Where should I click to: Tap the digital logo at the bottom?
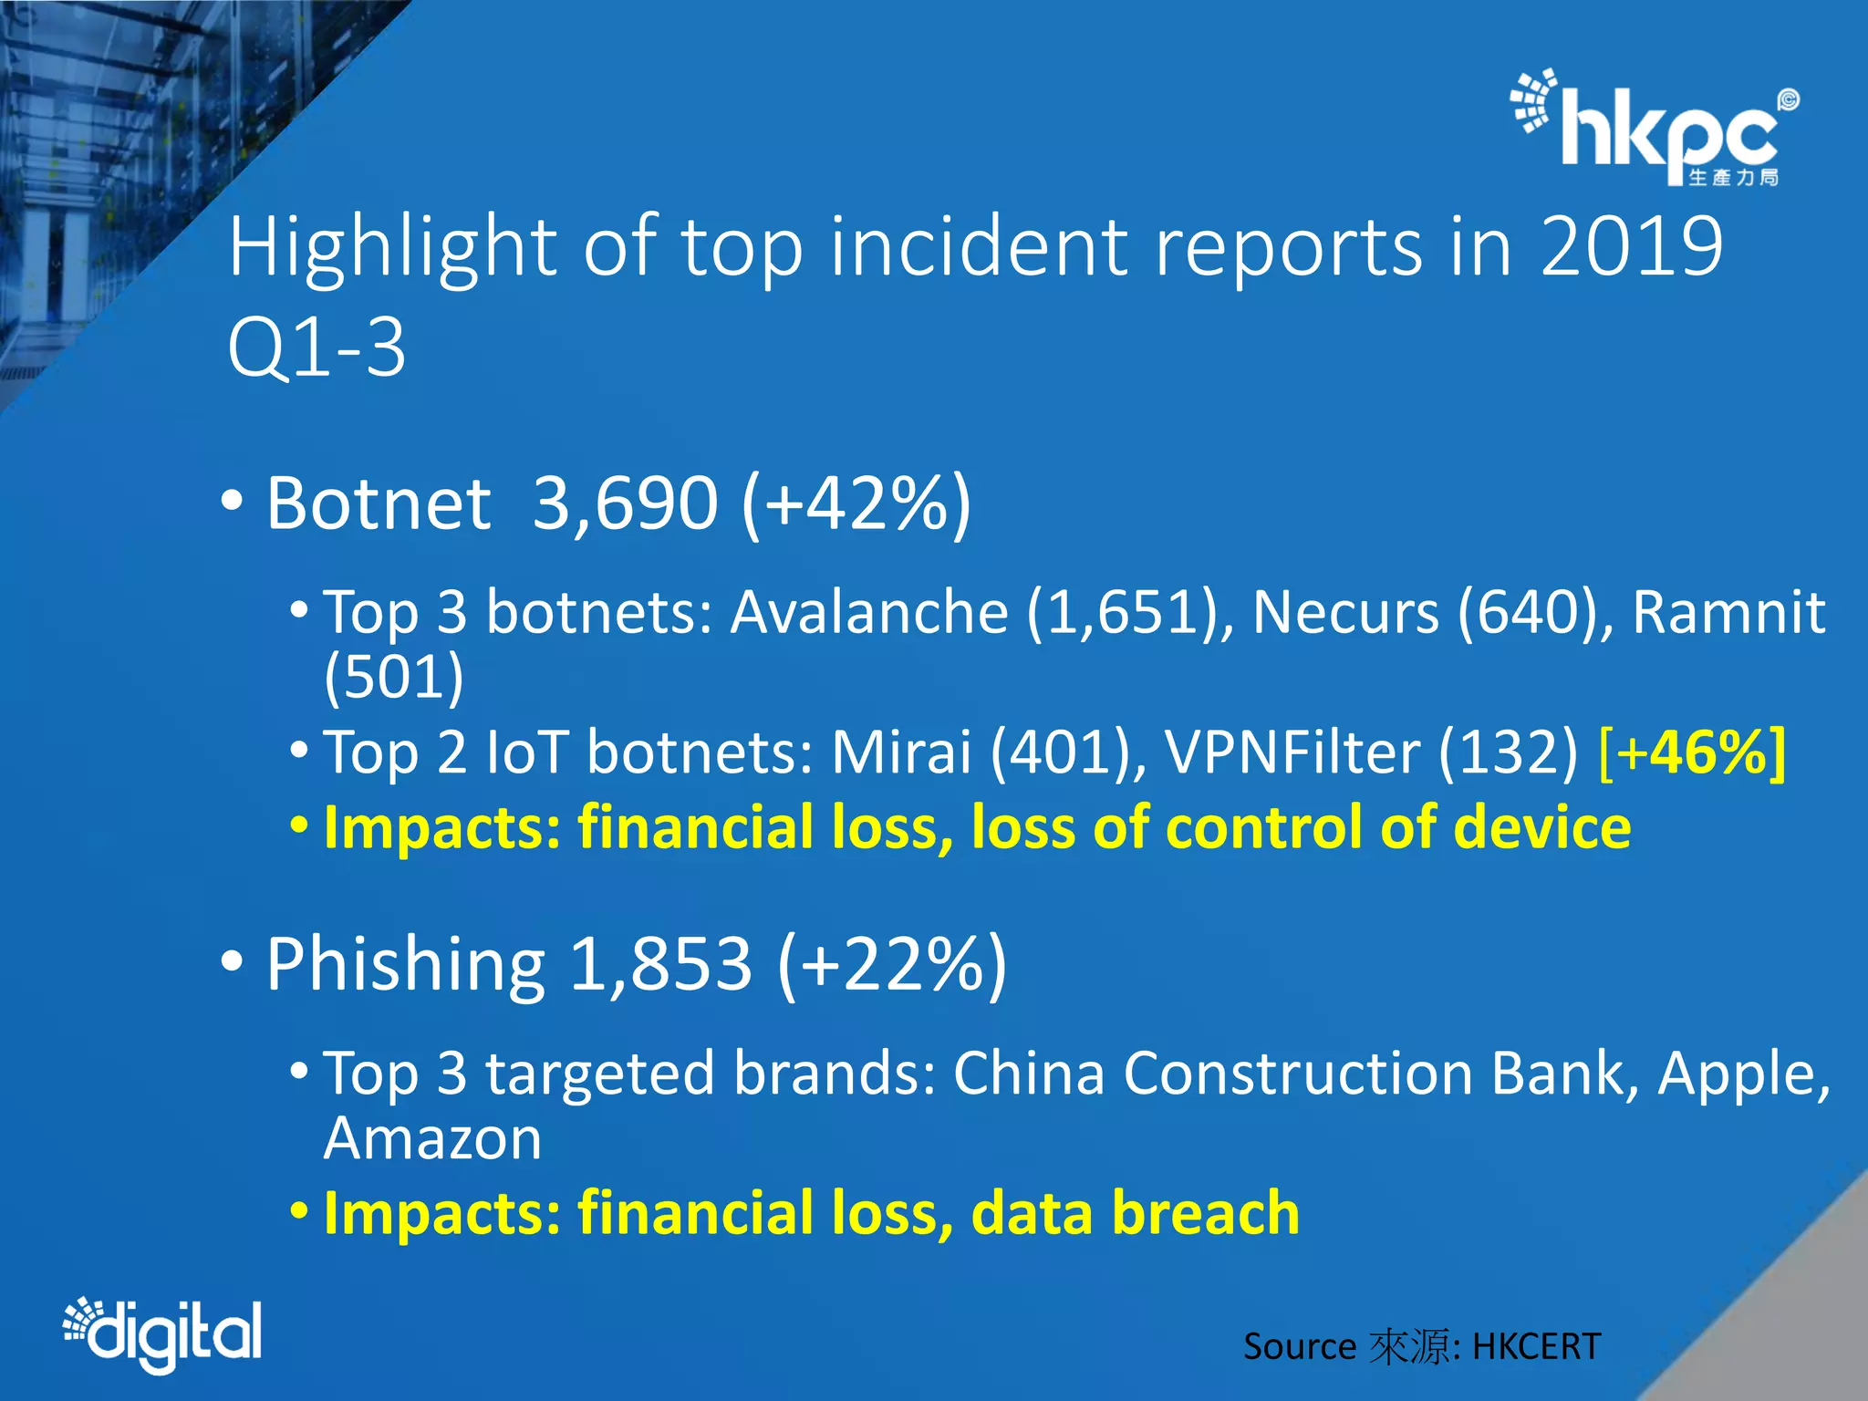tap(164, 1334)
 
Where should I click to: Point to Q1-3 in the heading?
tap(317, 348)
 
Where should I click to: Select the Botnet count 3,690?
tap(625, 503)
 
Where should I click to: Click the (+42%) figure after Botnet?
tap(856, 503)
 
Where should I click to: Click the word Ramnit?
tap(1728, 612)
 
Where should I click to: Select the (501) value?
tap(394, 677)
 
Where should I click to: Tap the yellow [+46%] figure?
tap(1692, 753)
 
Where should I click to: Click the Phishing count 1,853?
tap(660, 965)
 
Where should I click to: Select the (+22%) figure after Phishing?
tap(892, 965)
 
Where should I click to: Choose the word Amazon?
tap(432, 1139)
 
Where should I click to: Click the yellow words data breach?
tap(1136, 1214)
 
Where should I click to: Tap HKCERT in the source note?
tap(1536, 1347)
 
